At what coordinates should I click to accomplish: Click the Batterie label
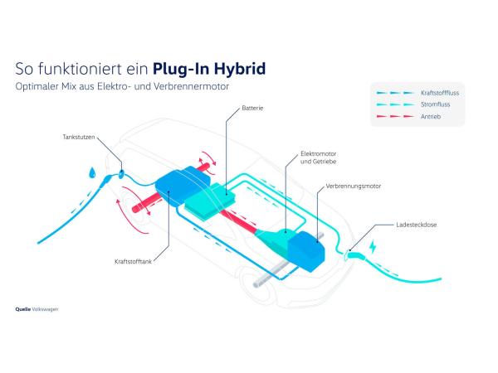[252, 107]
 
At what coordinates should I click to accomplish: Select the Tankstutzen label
[76, 136]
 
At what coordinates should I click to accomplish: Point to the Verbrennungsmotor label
[353, 186]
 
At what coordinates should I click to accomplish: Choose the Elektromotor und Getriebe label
[319, 157]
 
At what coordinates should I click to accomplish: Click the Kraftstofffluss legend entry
[440, 94]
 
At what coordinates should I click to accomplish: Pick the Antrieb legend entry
[432, 117]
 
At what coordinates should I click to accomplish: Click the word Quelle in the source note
[22, 308]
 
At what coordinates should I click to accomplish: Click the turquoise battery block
[210, 200]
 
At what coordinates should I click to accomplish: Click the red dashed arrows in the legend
[394, 117]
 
